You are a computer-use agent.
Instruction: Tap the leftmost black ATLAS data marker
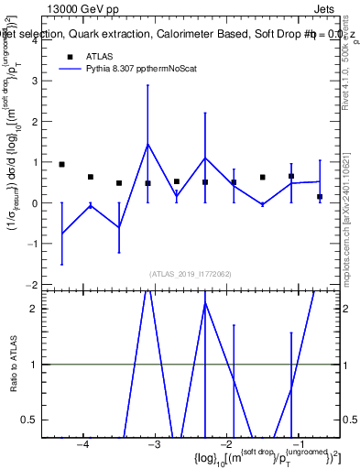(x=61, y=164)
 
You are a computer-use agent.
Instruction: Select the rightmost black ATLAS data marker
(x=320, y=197)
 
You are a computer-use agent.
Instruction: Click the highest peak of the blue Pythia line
(x=147, y=144)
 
